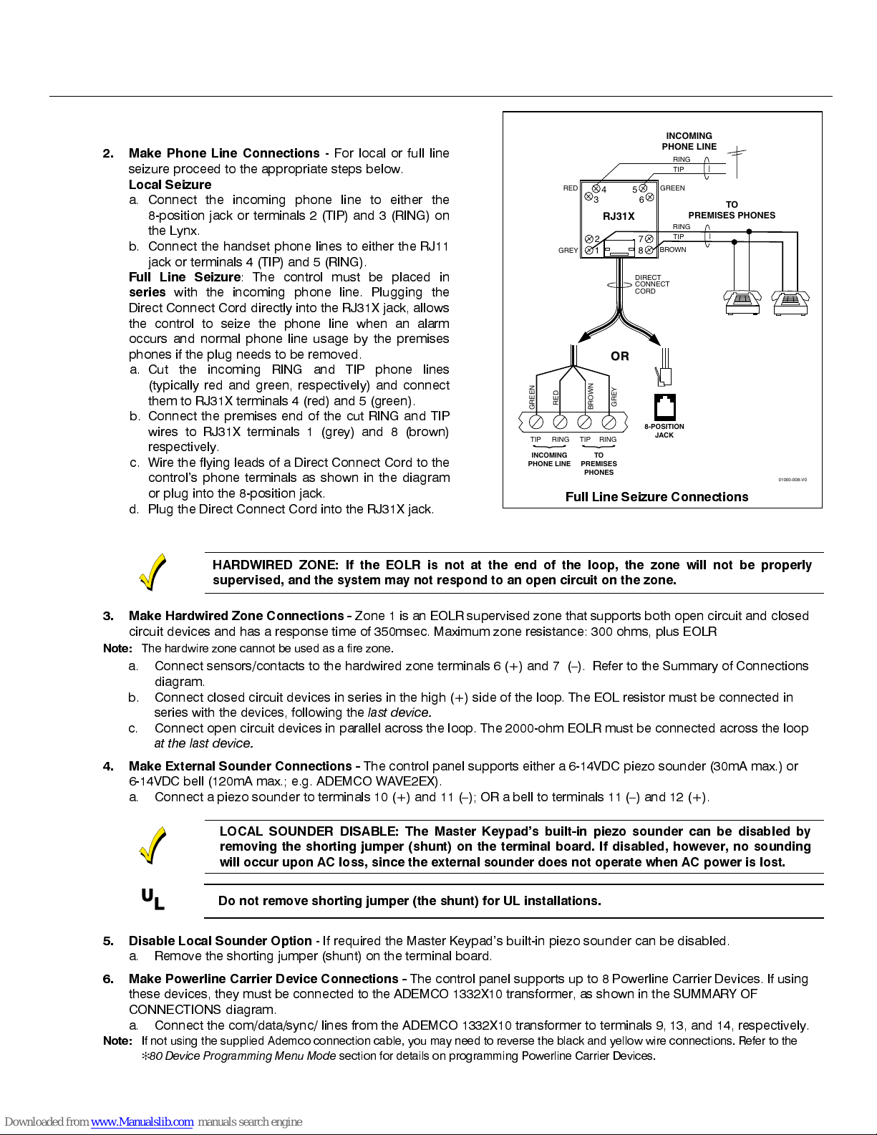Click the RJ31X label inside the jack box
[x=619, y=216]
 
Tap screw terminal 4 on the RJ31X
[x=596, y=188]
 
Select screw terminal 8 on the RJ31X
[x=649, y=250]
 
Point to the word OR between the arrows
[x=620, y=356]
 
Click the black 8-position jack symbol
[x=664, y=407]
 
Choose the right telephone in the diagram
[x=790, y=302]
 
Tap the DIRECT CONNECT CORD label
[x=651, y=284]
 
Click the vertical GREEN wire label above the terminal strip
[x=532, y=397]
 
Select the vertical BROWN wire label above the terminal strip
[x=591, y=396]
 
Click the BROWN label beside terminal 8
[x=673, y=250]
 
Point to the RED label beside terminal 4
[x=570, y=188]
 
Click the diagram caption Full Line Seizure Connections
[x=656, y=497]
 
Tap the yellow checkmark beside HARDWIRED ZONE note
[x=152, y=572]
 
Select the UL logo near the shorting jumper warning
[x=153, y=899]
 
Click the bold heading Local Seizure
[x=170, y=184]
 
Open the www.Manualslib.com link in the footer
[x=142, y=1122]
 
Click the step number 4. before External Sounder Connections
[x=108, y=766]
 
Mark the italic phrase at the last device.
[x=203, y=743]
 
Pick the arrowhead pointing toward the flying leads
[x=585, y=337]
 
